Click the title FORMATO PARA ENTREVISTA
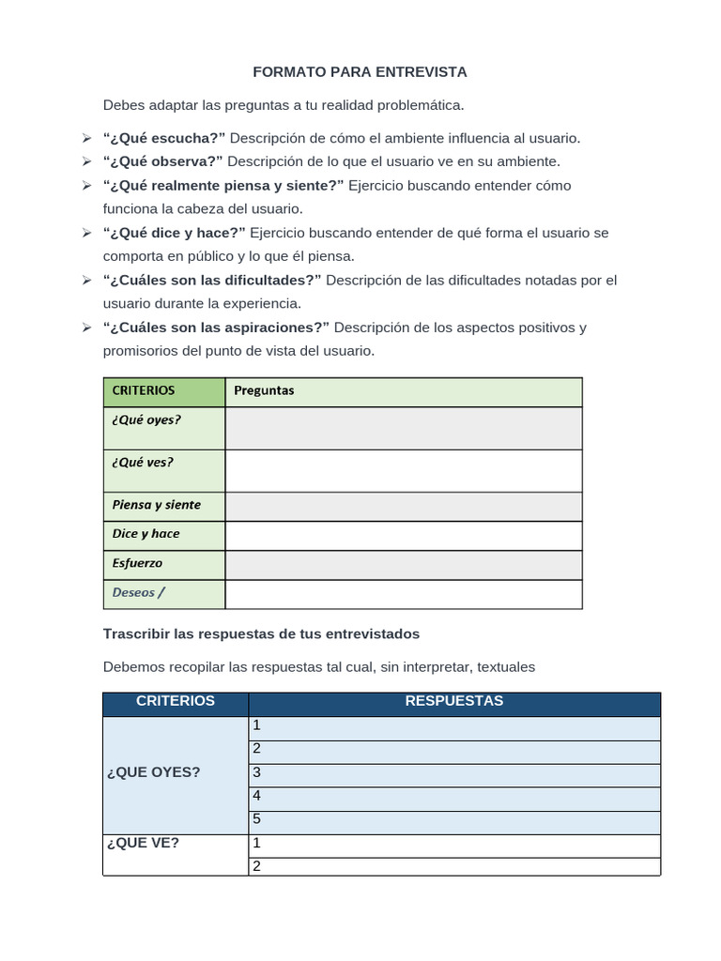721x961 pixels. click(x=360, y=72)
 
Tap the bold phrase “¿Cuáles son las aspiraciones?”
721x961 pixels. click(x=216, y=328)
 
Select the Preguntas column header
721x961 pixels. click(x=264, y=391)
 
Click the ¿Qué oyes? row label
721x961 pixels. click(x=146, y=420)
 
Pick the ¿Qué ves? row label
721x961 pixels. click(x=143, y=463)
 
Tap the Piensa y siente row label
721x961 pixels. click(x=156, y=505)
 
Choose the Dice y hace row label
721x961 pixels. click(x=146, y=534)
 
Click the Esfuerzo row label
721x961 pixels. click(x=137, y=564)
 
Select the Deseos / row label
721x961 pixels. click(x=138, y=593)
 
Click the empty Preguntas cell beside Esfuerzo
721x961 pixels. click(x=404, y=565)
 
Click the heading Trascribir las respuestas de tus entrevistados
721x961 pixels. click(x=261, y=634)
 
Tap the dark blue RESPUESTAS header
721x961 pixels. click(x=454, y=702)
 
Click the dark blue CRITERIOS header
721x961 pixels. click(x=176, y=702)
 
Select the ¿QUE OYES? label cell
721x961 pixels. click(x=154, y=772)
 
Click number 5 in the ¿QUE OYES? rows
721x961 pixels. click(x=256, y=819)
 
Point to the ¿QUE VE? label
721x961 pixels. click(x=145, y=844)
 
